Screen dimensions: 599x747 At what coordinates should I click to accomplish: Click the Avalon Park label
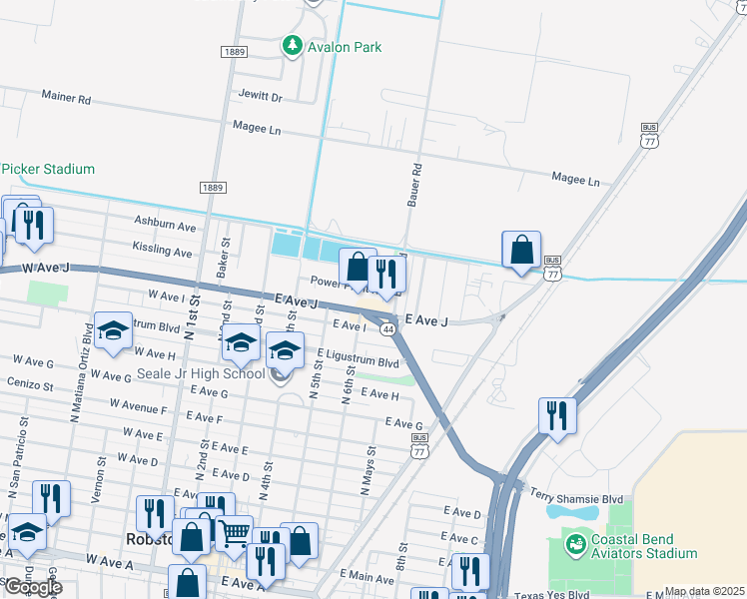coord(344,47)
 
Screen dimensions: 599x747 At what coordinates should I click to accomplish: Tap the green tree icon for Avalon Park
coord(292,46)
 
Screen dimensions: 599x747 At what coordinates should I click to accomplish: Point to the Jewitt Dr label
coord(261,98)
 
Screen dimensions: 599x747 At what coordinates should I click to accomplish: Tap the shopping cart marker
coord(234,533)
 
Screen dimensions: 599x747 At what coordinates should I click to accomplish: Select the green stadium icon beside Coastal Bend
coord(575,545)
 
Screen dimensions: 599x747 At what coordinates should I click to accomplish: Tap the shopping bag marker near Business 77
coord(521,250)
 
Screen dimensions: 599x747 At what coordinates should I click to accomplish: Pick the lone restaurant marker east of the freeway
coord(557,415)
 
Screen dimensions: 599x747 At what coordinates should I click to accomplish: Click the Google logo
coord(33,586)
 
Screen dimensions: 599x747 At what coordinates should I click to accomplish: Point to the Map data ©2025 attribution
coord(704,591)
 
